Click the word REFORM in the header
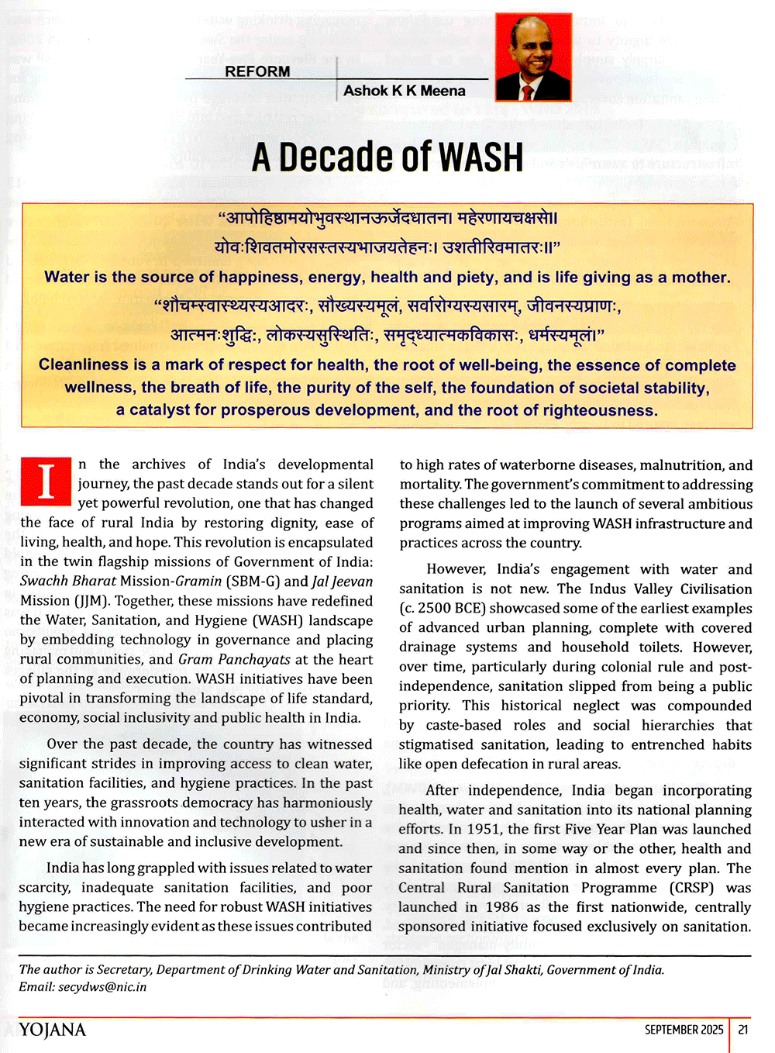[257, 71]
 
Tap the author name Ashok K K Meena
[404, 91]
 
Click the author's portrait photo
[533, 57]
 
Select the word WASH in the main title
[480, 157]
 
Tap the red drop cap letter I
[46, 481]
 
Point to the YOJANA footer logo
[53, 1030]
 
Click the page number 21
[743, 1030]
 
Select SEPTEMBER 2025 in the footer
[684, 1030]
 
